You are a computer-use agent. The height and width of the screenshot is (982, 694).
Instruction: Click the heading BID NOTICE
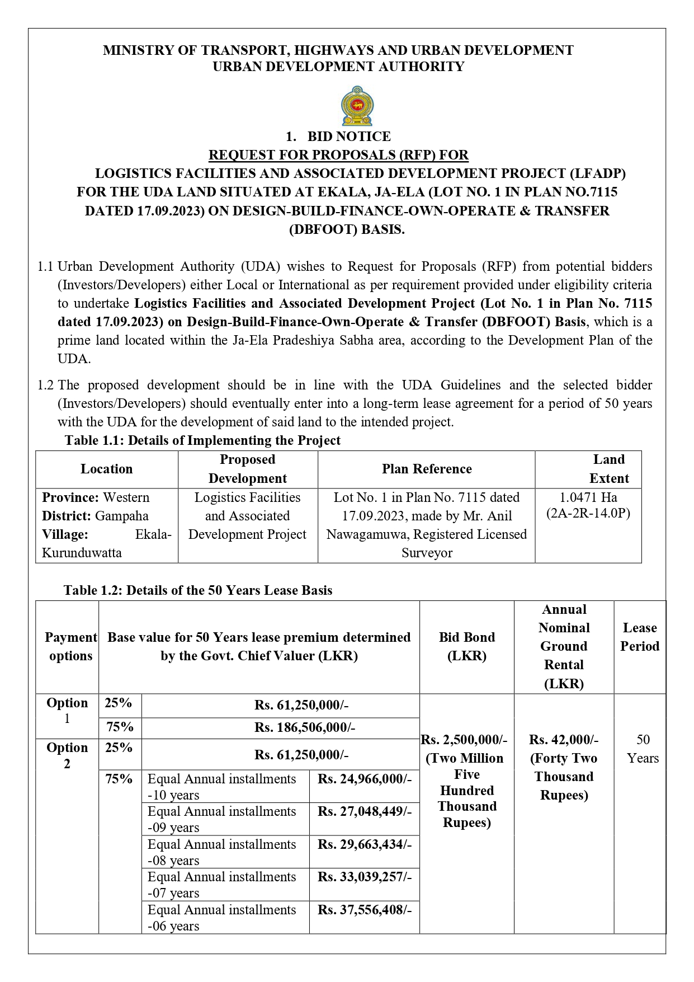(349, 137)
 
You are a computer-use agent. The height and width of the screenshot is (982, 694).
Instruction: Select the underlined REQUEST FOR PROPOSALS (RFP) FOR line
(338, 155)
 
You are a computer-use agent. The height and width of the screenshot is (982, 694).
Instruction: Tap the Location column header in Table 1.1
(107, 469)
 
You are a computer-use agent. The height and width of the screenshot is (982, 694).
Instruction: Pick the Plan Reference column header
(427, 469)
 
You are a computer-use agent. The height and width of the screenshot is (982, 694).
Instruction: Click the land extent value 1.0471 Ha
(588, 497)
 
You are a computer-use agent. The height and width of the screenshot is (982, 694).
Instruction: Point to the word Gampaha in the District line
(122, 516)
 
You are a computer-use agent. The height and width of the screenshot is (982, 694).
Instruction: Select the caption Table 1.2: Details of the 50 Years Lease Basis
(198, 590)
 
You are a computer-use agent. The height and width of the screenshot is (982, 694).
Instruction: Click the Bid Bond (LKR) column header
(466, 646)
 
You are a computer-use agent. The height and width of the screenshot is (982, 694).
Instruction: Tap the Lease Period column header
(640, 637)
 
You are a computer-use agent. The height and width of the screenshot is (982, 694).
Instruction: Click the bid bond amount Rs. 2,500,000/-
(464, 740)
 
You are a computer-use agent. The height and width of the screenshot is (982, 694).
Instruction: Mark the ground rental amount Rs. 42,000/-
(564, 740)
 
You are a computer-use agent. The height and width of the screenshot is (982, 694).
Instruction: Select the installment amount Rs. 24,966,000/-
(365, 779)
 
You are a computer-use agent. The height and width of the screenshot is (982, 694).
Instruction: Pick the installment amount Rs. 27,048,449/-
(365, 811)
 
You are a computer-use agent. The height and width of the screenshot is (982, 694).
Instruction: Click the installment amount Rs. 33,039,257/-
(365, 877)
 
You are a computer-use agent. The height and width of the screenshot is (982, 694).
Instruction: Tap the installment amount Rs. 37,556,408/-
(365, 910)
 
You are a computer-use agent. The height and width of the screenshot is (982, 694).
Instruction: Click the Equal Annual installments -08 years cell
(222, 852)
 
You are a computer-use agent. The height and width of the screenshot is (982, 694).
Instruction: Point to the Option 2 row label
(67, 755)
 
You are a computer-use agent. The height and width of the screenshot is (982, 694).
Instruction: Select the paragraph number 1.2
(45, 385)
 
